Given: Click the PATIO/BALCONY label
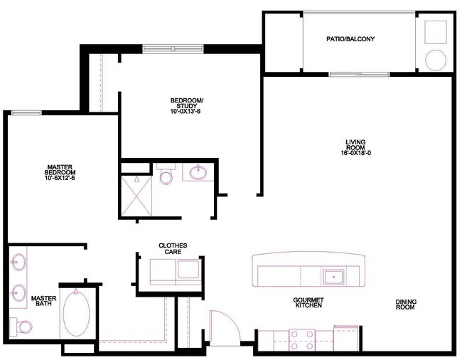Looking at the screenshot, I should tap(350, 39).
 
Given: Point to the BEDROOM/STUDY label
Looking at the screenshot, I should tap(186, 102).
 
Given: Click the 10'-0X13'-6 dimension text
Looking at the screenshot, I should tap(186, 112).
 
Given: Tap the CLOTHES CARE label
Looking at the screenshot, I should tap(173, 248).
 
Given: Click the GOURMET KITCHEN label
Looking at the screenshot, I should tap(308, 302).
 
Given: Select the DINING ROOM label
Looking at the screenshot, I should tap(406, 305).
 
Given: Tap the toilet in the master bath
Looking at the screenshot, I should tap(23, 327).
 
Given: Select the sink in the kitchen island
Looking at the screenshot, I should tap(332, 275).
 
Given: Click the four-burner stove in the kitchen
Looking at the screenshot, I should tap(302, 339).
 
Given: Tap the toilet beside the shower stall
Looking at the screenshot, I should tap(166, 175).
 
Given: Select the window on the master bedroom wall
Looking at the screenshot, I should tap(26, 112).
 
